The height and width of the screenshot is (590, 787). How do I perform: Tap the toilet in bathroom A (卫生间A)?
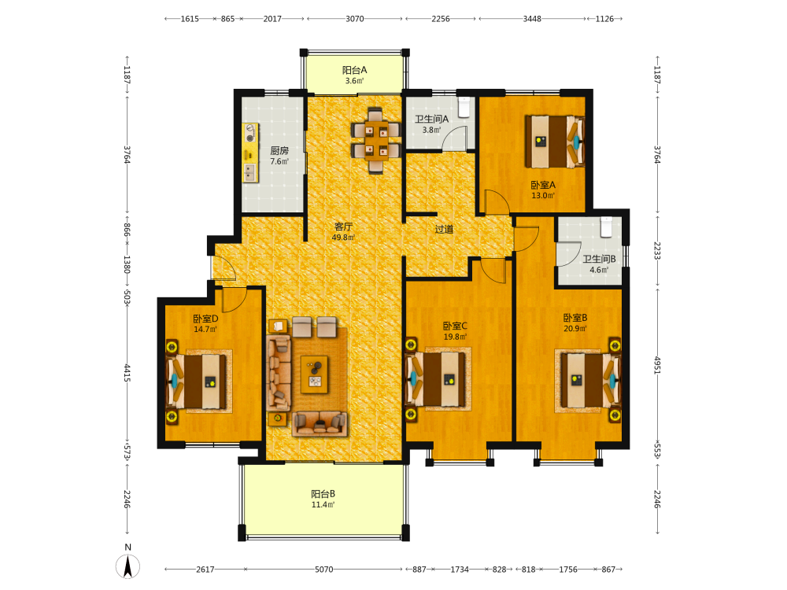click(x=464, y=106)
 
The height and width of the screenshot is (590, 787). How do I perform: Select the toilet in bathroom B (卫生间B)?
click(x=606, y=227)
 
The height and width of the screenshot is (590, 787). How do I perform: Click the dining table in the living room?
click(x=376, y=141)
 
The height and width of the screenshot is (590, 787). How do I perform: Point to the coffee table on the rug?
click(x=315, y=374)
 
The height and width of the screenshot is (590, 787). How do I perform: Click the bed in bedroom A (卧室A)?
click(x=555, y=142)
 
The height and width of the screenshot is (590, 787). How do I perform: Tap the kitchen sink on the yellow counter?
click(x=250, y=172)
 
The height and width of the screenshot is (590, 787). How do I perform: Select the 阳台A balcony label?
click(x=354, y=70)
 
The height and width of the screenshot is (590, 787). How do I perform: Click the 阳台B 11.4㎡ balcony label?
click(x=323, y=500)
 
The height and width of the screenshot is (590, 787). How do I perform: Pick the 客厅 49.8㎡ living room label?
click(x=343, y=232)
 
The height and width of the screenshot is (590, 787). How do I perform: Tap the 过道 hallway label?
click(x=444, y=229)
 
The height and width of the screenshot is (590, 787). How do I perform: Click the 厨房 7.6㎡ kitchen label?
click(x=279, y=156)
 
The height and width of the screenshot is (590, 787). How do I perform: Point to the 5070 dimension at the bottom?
click(x=323, y=570)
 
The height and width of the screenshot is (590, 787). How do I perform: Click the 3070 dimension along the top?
click(x=355, y=19)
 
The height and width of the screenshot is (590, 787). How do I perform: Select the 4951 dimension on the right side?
click(x=657, y=366)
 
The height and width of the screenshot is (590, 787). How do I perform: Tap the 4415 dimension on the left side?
click(x=127, y=373)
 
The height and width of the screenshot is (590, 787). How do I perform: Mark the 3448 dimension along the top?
click(x=532, y=19)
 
